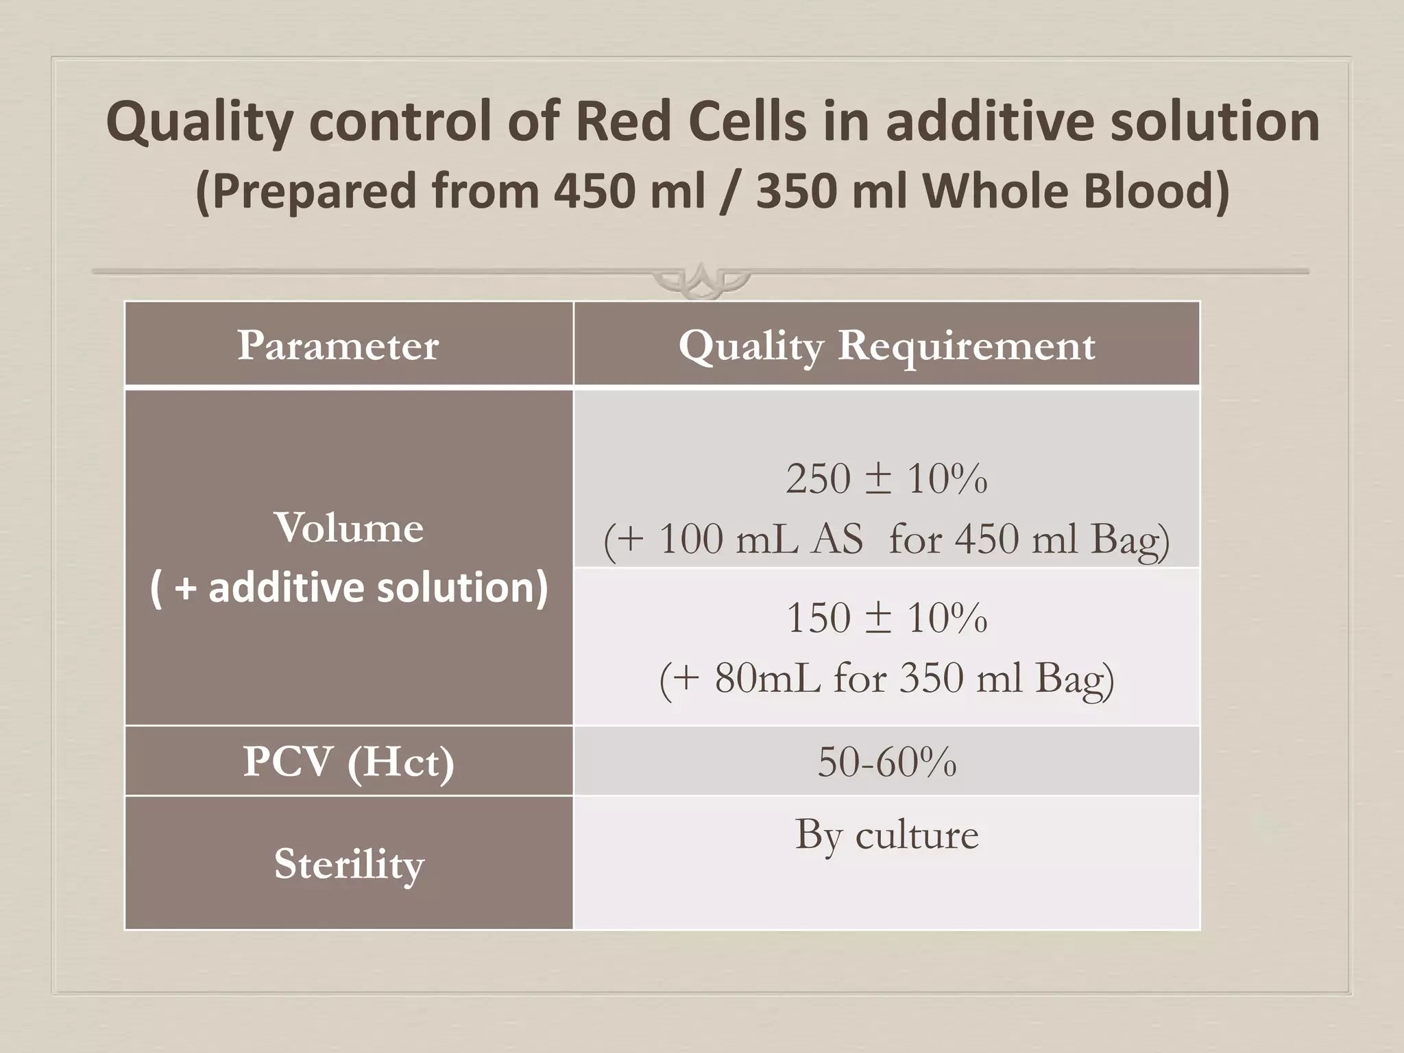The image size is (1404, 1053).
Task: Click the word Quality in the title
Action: pyautogui.click(x=199, y=121)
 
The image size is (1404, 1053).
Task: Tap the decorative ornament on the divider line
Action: pyautogui.click(x=701, y=280)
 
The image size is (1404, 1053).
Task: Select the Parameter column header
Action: pyautogui.click(x=338, y=345)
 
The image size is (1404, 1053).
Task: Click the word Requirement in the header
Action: pyautogui.click(x=967, y=345)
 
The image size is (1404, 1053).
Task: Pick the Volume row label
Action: pyautogui.click(x=349, y=528)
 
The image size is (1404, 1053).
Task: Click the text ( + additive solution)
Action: pyautogui.click(x=349, y=588)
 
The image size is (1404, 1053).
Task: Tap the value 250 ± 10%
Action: pyautogui.click(x=886, y=478)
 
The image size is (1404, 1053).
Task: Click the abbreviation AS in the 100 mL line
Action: pyautogui.click(x=837, y=539)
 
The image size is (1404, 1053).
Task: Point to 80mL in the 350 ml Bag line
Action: pyautogui.click(x=768, y=678)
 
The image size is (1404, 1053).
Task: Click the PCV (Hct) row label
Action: pyautogui.click(x=349, y=761)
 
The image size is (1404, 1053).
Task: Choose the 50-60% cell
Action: pyautogui.click(x=886, y=762)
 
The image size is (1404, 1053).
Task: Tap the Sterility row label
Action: pyautogui.click(x=349, y=863)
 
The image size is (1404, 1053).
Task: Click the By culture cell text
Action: pyautogui.click(x=886, y=835)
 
